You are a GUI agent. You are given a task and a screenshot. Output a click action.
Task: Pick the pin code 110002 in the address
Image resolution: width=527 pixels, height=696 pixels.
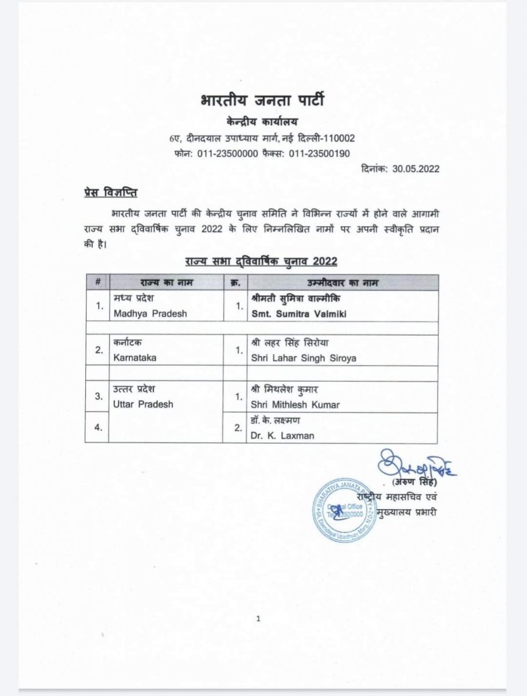[334, 138]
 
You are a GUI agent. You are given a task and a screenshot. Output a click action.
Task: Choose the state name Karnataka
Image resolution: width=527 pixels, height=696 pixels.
[135, 358]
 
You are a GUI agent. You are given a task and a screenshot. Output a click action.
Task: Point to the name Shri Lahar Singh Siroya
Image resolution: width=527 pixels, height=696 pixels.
[304, 358]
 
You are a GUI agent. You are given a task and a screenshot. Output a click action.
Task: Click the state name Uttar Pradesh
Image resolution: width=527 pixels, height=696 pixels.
[143, 404]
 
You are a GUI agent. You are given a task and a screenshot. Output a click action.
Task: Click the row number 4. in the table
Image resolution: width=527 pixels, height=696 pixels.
[98, 427]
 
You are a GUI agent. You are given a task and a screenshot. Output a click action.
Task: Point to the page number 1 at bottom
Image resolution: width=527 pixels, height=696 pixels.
[258, 619]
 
